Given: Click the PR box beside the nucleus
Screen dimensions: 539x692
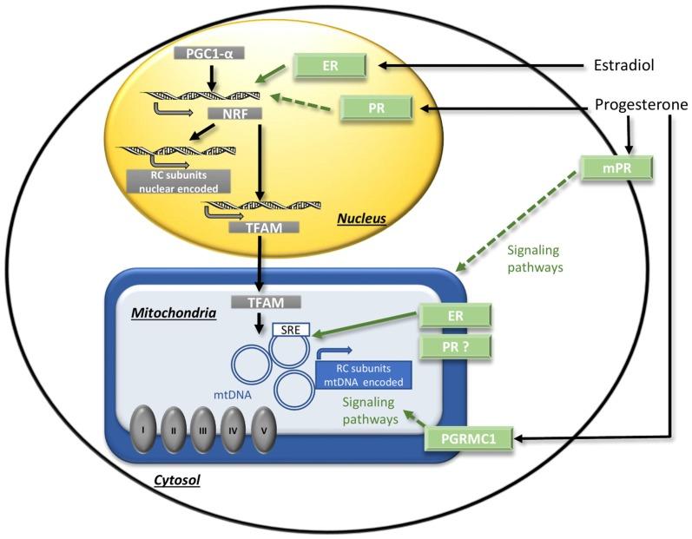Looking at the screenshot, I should click(x=375, y=108).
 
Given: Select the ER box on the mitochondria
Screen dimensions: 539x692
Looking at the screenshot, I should click(x=456, y=317).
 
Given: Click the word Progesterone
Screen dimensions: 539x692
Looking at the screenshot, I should click(x=642, y=104).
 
